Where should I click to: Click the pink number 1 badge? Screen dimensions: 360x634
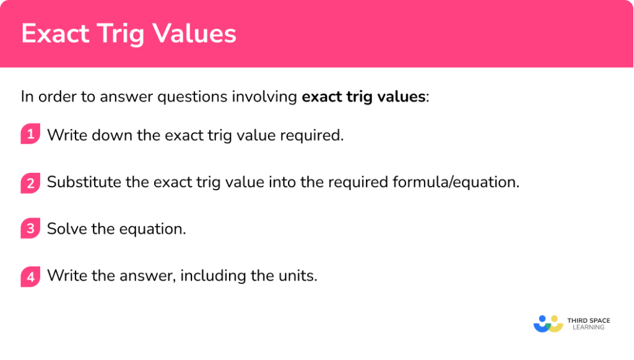(x=30, y=134)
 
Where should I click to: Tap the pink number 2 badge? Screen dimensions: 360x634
(x=30, y=182)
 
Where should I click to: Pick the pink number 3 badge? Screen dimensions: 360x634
(x=30, y=229)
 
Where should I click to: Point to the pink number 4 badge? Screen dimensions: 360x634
(x=30, y=276)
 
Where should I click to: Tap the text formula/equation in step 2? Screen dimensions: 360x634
(x=456, y=182)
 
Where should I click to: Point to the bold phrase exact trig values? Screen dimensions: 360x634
(x=364, y=97)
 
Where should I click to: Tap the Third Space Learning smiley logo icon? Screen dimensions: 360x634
(x=547, y=324)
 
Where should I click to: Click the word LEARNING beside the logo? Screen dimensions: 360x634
(x=588, y=328)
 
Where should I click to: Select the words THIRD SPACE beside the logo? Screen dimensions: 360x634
(x=588, y=320)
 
